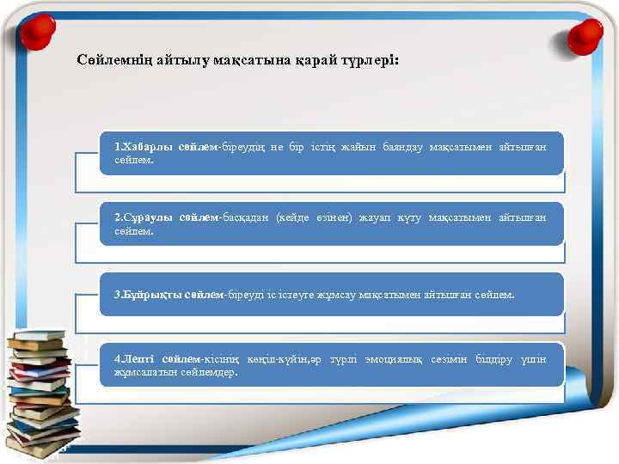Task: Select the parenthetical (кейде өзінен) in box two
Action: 313,218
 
